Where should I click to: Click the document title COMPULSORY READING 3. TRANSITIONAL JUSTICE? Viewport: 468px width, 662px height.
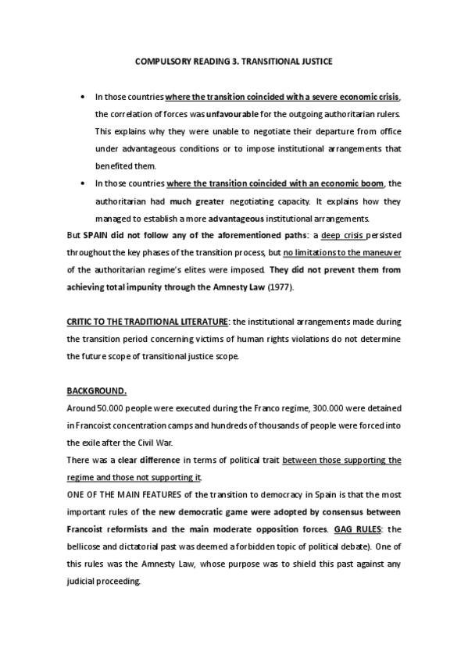(234, 61)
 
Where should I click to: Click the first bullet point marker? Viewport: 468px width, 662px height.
(83, 97)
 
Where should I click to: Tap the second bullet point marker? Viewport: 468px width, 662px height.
(83, 183)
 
